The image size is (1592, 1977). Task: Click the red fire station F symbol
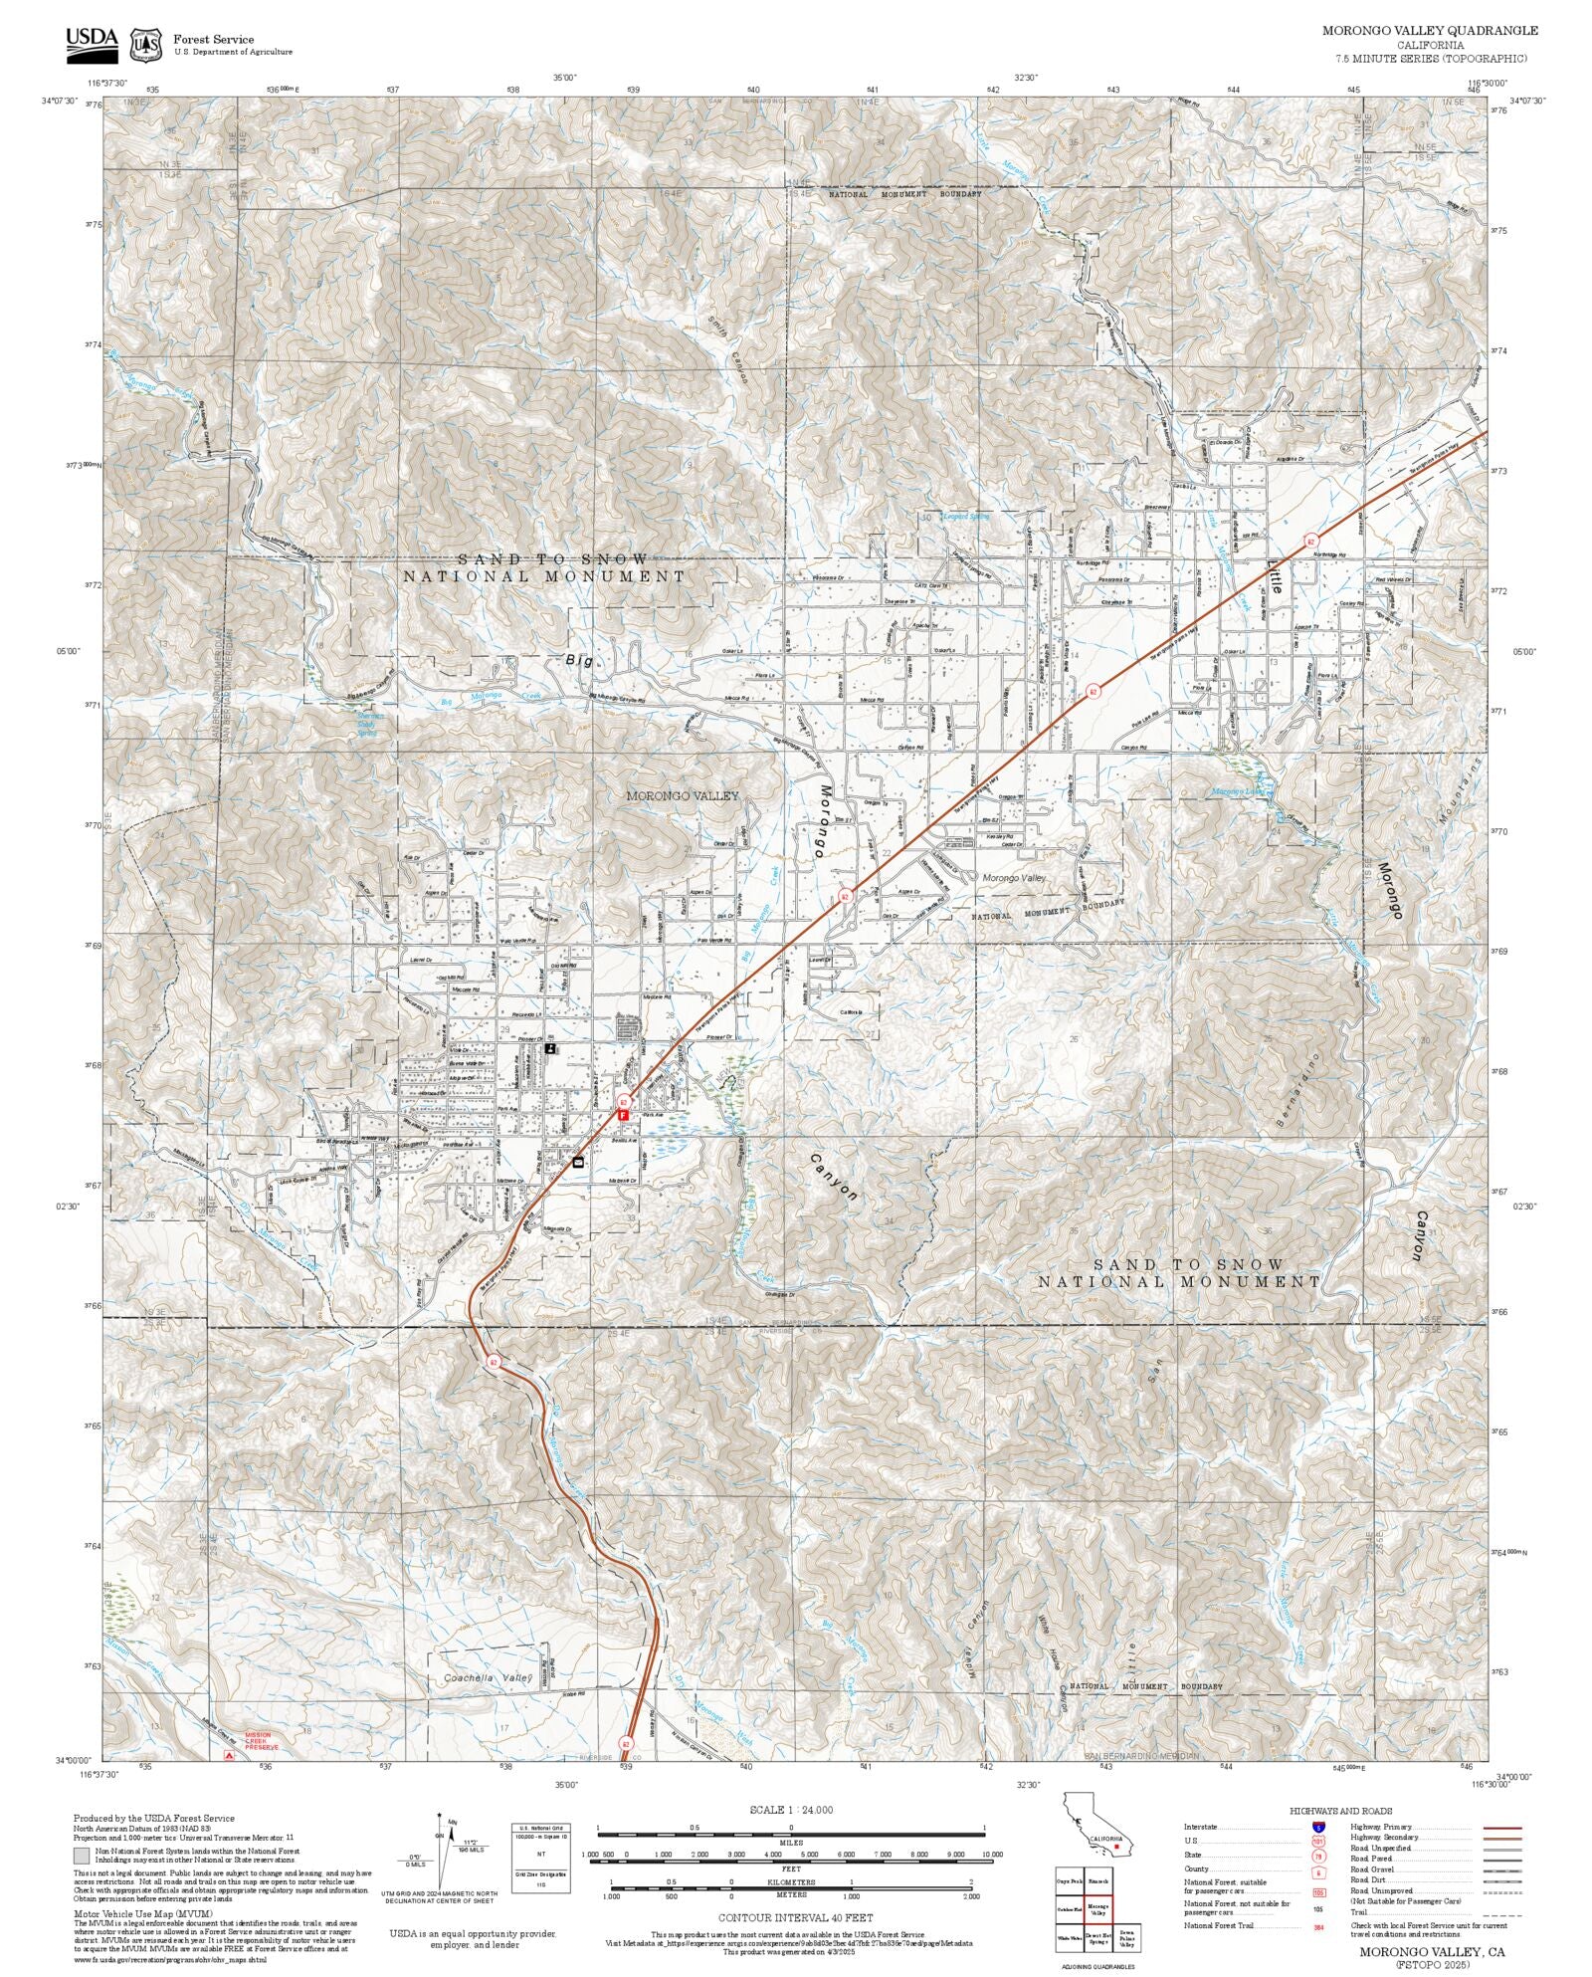click(623, 1116)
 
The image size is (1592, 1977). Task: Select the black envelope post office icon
click(578, 1162)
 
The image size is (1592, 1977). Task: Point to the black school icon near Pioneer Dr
click(550, 1048)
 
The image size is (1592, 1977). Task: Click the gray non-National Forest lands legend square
click(81, 1855)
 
